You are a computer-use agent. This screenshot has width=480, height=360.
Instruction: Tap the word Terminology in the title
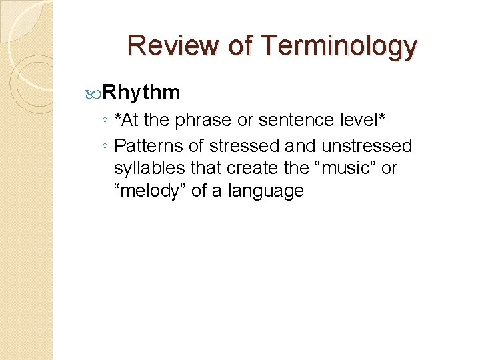pyautogui.click(x=339, y=46)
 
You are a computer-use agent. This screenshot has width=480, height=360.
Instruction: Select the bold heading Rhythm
pyautogui.click(x=142, y=92)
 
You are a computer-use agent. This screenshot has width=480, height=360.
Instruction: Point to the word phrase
pyautogui.click(x=203, y=120)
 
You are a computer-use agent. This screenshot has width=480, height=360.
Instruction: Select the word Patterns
pyautogui.click(x=150, y=145)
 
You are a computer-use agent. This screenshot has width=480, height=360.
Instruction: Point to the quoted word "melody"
pyautogui.click(x=150, y=191)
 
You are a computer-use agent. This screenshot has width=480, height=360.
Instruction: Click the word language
pyautogui.click(x=266, y=192)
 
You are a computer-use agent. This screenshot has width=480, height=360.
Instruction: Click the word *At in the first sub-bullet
pyautogui.click(x=126, y=120)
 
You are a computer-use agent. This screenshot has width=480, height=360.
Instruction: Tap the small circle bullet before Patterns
pyautogui.click(x=105, y=146)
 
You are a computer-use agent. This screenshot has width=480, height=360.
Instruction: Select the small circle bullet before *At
pyautogui.click(x=105, y=121)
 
